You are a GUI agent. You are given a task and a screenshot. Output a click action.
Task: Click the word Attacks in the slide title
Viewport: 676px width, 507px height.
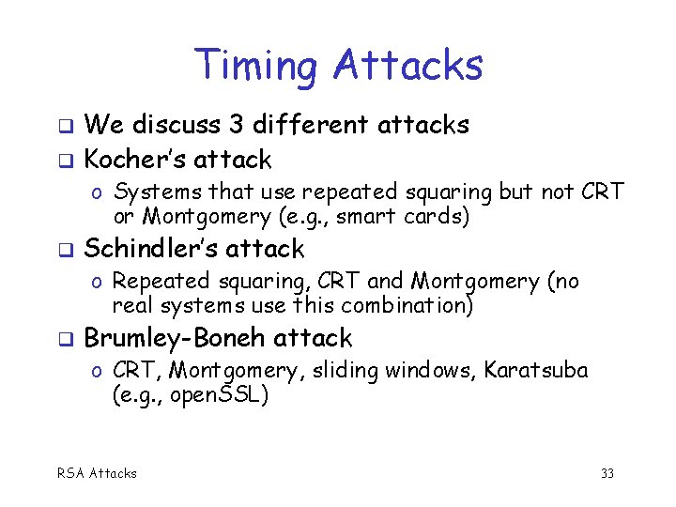click(x=407, y=65)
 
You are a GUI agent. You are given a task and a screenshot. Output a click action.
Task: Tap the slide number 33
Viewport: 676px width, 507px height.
click(x=607, y=473)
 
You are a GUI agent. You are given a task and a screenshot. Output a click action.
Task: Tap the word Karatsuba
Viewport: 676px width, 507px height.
click(x=536, y=371)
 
